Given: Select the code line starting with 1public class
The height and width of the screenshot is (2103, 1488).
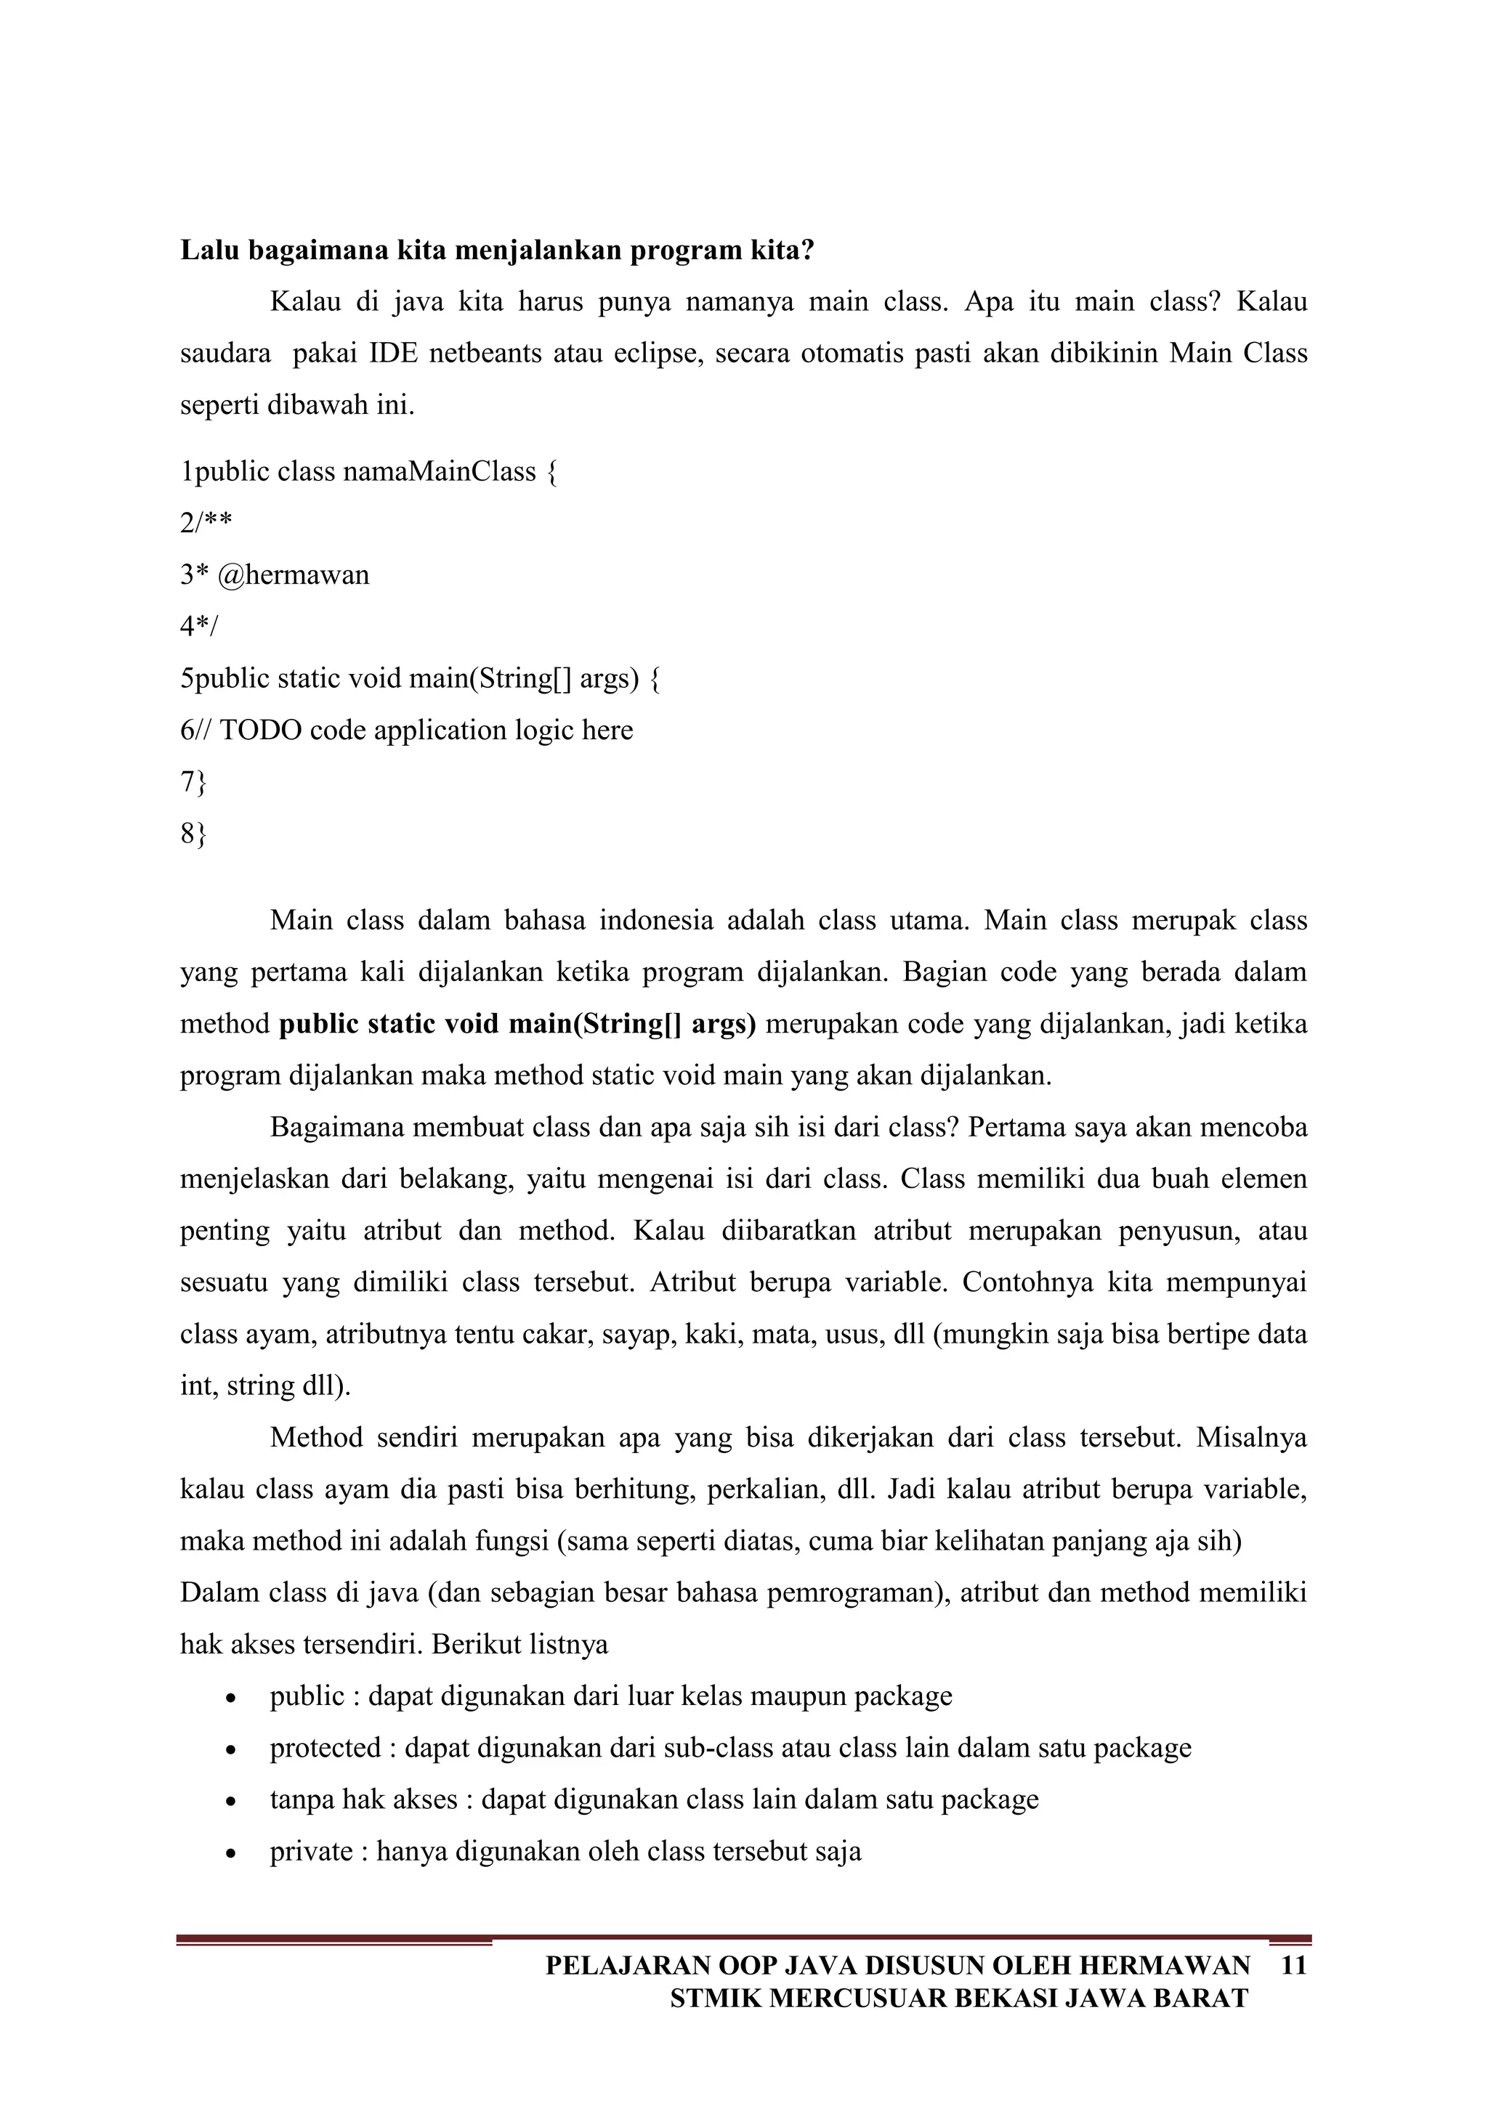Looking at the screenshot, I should click(368, 472).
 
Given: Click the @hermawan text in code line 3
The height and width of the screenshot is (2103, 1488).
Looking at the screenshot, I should click(294, 575).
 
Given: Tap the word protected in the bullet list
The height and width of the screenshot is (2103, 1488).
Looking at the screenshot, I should click(325, 1748).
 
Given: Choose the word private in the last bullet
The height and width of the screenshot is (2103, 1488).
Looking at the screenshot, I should click(311, 1851).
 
